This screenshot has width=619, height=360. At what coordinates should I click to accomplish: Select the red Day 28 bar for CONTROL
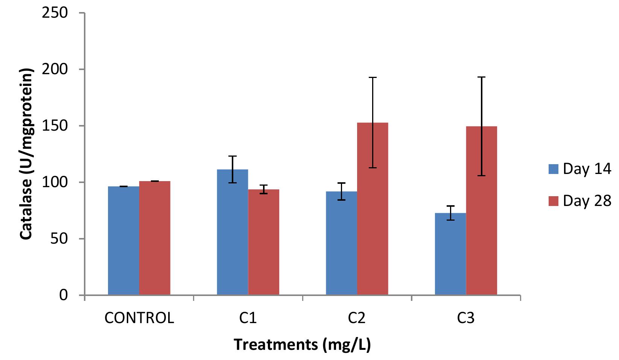click(x=155, y=238)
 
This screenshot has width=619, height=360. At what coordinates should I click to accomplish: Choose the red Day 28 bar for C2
click(x=373, y=209)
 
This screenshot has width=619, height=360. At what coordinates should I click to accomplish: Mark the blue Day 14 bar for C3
click(x=450, y=254)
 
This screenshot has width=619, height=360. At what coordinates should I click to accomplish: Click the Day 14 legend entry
click(x=579, y=169)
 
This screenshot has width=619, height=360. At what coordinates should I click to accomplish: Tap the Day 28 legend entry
click(x=579, y=201)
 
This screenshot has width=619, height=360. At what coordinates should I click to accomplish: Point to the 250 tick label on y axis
click(x=57, y=13)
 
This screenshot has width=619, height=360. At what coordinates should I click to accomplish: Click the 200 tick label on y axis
click(x=57, y=70)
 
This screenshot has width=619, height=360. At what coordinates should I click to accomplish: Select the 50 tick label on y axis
click(x=61, y=239)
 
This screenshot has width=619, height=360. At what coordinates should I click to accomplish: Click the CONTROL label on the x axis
click(x=139, y=319)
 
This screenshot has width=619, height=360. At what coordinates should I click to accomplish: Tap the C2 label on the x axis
click(x=357, y=319)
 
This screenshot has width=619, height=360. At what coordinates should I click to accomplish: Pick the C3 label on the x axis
click(x=466, y=319)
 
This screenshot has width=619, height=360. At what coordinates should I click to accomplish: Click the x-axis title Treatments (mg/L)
click(x=303, y=345)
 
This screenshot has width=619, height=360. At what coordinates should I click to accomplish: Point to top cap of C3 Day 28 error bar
click(x=482, y=77)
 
